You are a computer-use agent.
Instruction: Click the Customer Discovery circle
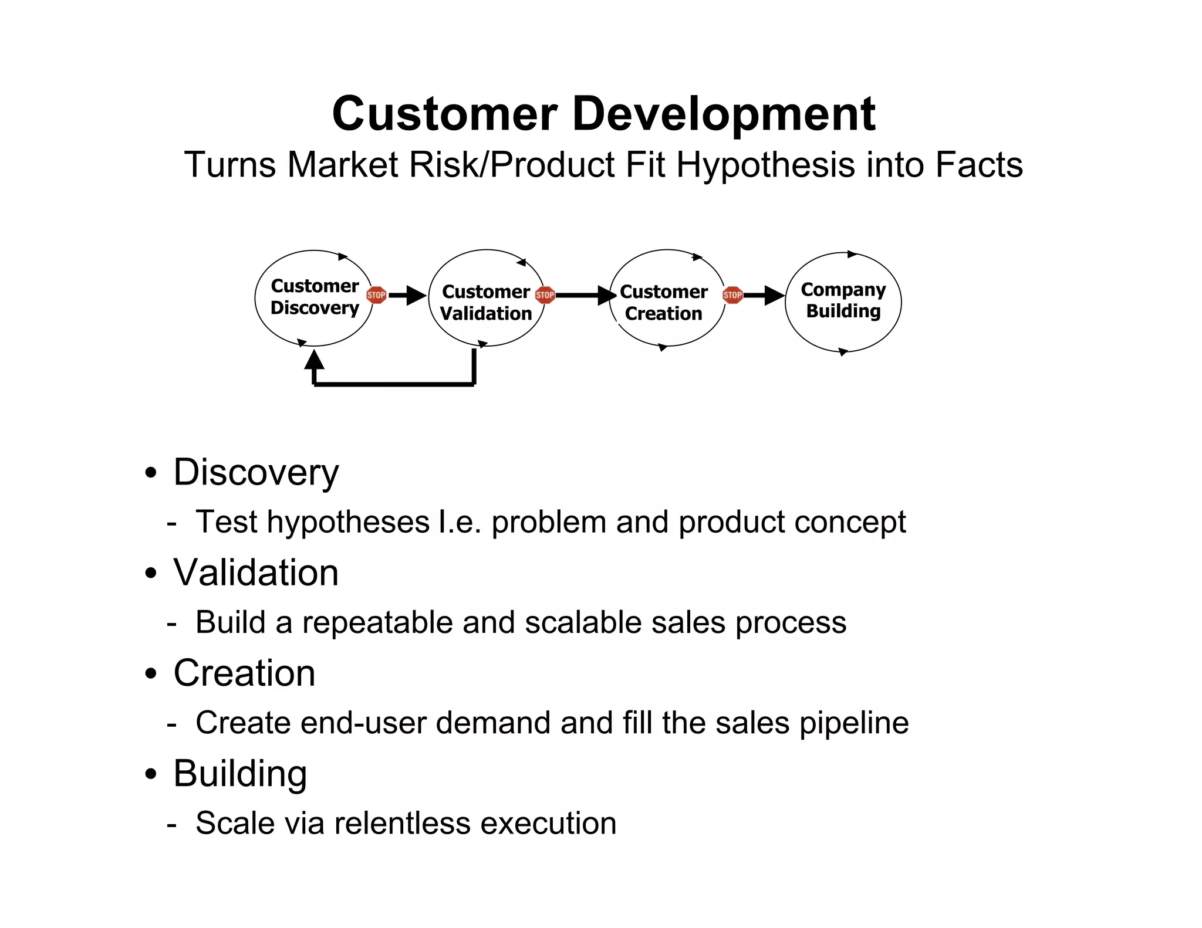tap(314, 297)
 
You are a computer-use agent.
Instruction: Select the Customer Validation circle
tap(487, 298)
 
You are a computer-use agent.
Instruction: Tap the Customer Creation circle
tap(666, 298)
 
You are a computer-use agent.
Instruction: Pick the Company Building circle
tap(843, 302)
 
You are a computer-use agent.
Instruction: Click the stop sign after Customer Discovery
tap(376, 294)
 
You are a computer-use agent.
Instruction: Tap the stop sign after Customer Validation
tap(545, 294)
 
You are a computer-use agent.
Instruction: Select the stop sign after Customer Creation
tap(732, 294)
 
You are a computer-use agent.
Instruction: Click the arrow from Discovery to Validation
tap(407, 295)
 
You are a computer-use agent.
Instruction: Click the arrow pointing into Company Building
tap(765, 295)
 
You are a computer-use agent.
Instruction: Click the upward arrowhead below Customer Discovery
tap(315, 359)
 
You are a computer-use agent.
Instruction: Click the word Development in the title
tap(723, 114)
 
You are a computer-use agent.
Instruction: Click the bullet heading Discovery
tap(256, 472)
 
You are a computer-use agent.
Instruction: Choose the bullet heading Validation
tap(256, 573)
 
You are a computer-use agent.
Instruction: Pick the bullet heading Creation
tap(244, 673)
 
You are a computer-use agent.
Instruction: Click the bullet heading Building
tap(240, 774)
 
